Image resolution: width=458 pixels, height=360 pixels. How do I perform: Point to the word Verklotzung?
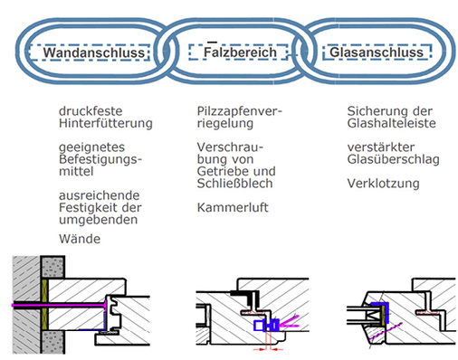(x=384, y=184)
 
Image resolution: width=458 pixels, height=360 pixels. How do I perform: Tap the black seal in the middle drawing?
(x=243, y=294)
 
